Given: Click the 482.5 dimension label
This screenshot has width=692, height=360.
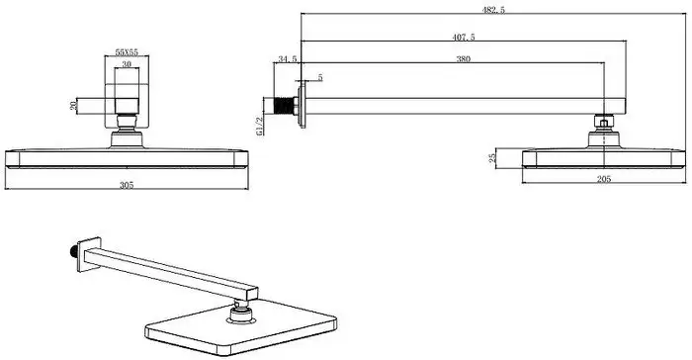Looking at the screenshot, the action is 493,10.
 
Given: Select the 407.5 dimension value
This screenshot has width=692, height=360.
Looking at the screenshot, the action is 464,38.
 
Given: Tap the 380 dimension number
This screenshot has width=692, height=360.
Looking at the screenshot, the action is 464,58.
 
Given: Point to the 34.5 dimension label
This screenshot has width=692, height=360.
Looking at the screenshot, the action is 288,58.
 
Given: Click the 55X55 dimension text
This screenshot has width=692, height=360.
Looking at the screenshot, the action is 127,52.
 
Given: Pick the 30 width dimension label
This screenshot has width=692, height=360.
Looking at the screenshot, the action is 127,64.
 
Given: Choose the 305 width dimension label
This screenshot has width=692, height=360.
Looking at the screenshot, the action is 127,185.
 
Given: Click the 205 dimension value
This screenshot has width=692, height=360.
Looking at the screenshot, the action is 604,179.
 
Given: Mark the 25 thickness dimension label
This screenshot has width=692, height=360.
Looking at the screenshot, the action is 493,158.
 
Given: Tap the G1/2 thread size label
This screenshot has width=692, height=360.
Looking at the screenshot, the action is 260,126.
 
